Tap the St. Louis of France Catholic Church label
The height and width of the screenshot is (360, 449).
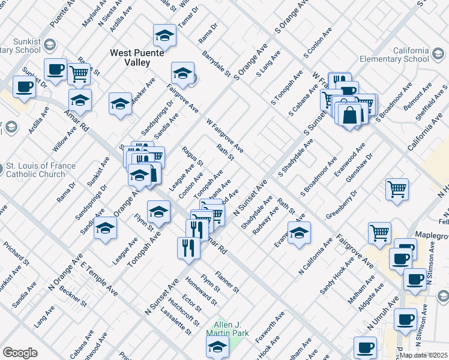(x=41, y=170)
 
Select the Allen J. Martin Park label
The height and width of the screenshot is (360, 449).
(x=223, y=328)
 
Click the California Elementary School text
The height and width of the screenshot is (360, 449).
(x=394, y=55)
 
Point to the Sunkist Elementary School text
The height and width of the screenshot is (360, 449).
(x=22, y=48)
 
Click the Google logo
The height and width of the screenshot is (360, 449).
(x=20, y=352)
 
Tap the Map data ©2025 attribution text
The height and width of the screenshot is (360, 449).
(x=424, y=355)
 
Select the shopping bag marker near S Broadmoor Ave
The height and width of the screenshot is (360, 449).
(x=351, y=113)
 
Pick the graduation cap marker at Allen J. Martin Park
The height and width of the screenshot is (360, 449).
(x=217, y=346)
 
